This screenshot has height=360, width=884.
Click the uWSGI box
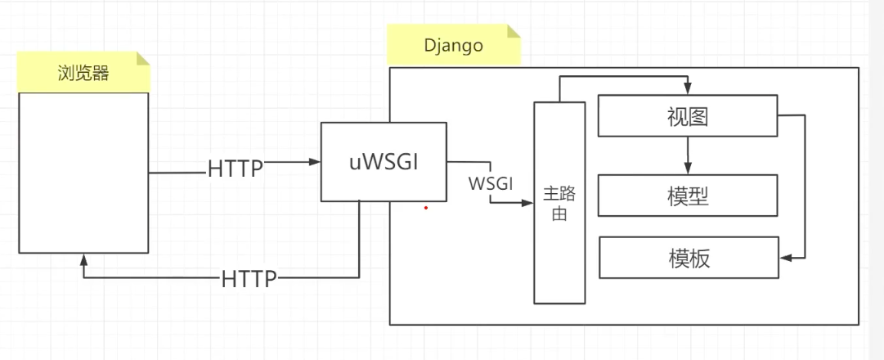[384, 161]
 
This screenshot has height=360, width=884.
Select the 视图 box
[687, 115]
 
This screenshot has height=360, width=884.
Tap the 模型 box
[687, 196]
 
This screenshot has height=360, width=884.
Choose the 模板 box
[687, 258]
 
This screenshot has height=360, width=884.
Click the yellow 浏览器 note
[84, 72]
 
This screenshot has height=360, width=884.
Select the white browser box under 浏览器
[84, 172]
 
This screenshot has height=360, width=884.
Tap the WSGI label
[491, 183]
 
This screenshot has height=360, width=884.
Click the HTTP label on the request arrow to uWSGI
[236, 169]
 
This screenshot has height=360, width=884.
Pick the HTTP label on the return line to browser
[249, 278]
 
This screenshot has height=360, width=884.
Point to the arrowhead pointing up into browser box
[84, 259]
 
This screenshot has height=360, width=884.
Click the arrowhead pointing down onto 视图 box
[688, 89]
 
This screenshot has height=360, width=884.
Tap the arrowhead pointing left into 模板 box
[786, 258]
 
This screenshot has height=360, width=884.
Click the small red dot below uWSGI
[426, 208]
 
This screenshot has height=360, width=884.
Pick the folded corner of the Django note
[513, 33]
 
